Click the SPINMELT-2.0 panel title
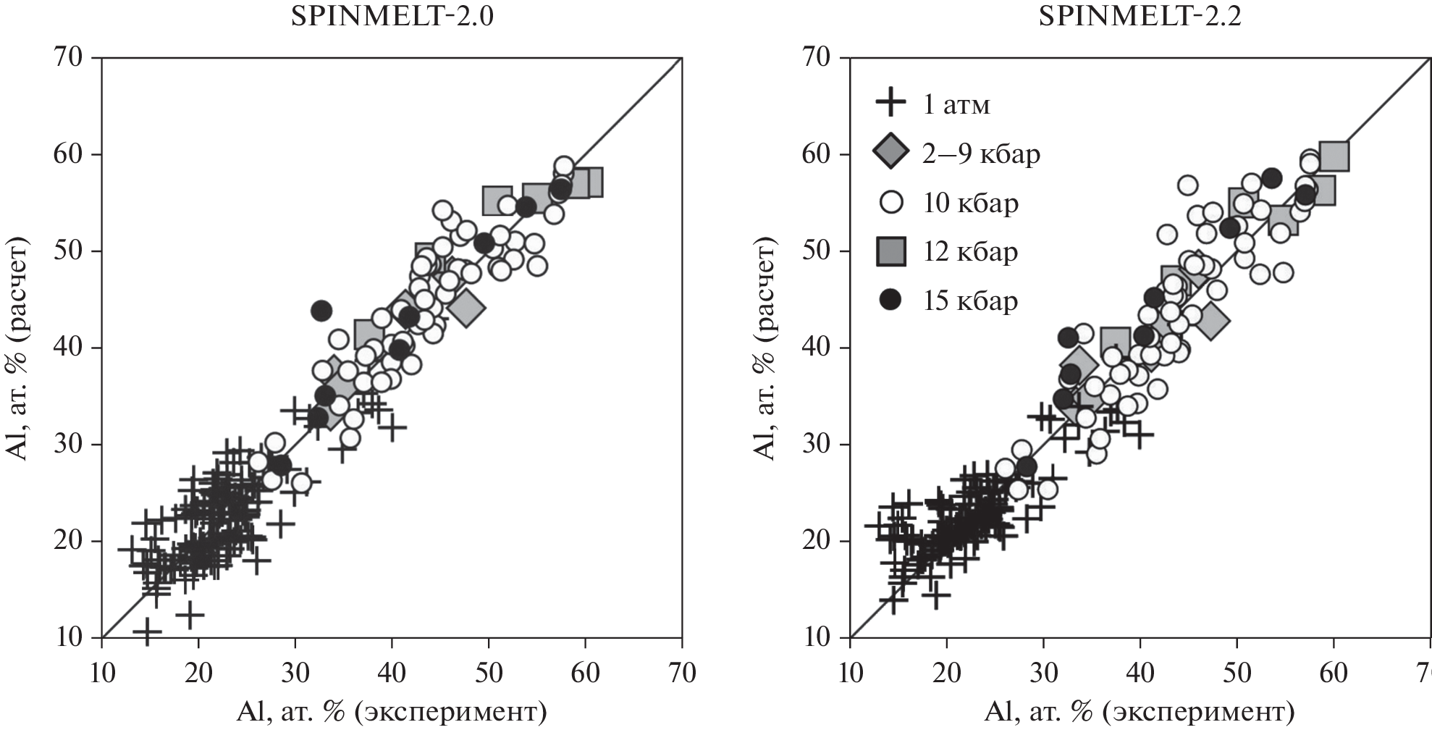point(392,17)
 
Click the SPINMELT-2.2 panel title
point(1140,17)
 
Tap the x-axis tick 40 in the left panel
point(392,673)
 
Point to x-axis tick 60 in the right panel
point(1334,673)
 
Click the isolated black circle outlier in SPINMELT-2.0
point(321,311)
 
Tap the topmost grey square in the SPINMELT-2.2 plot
point(1334,155)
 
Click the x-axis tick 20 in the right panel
point(946,673)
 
